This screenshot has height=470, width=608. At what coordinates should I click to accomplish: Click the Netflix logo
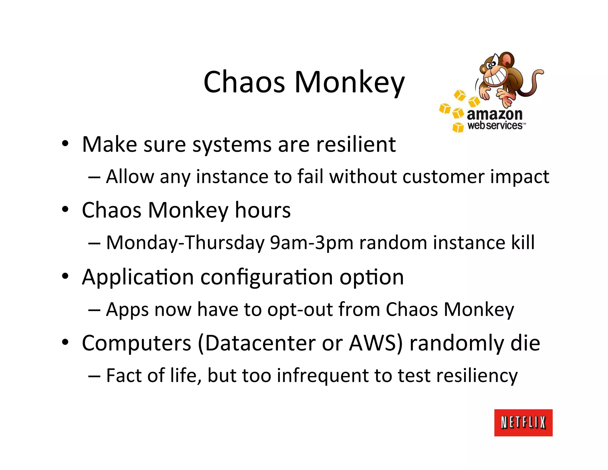tap(523, 422)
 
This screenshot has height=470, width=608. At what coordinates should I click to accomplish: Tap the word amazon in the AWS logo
tap(494, 114)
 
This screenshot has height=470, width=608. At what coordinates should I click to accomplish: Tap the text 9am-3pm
tap(311, 243)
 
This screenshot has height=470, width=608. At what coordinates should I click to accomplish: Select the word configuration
tap(267, 277)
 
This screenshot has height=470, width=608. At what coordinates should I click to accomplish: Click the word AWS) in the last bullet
tap(376, 343)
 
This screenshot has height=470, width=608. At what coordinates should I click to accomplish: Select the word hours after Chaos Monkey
tap(262, 210)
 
